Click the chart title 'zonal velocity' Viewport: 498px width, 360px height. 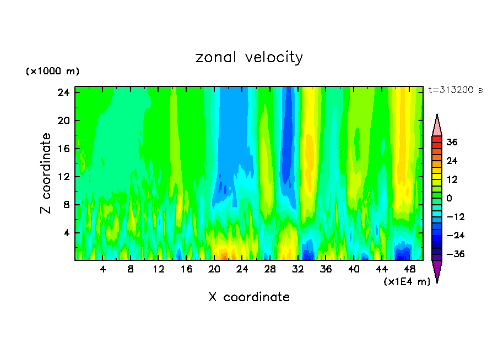pyautogui.click(x=249, y=57)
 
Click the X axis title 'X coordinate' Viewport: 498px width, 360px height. pyautogui.click(x=249, y=297)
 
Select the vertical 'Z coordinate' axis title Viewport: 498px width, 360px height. pyautogui.click(x=46, y=173)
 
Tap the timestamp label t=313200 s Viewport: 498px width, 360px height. pyautogui.click(x=455, y=90)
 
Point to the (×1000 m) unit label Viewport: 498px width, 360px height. pyautogui.click(x=53, y=72)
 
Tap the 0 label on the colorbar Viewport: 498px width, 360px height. pyautogui.click(x=450, y=198)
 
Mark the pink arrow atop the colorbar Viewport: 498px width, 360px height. pyautogui.click(x=437, y=125)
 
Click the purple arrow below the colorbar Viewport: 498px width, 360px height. pyautogui.click(x=437, y=271)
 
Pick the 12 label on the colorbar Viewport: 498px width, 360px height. pyautogui.click(x=452, y=179)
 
